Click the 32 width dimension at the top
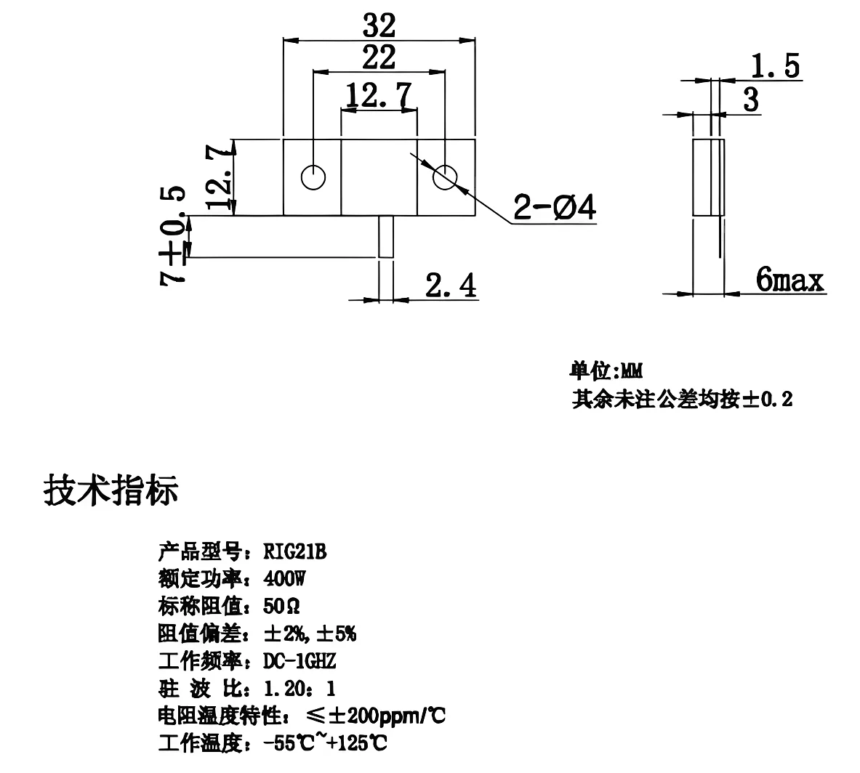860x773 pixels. pyautogui.click(x=379, y=26)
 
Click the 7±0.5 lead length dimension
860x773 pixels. pyautogui.click(x=174, y=235)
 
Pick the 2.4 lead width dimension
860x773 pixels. pyautogui.click(x=451, y=286)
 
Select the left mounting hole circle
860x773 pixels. pyautogui.click(x=313, y=177)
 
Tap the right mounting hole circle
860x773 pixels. pyautogui.click(x=444, y=177)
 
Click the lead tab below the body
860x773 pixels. pyautogui.click(x=386, y=236)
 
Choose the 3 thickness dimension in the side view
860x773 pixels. pyautogui.click(x=750, y=100)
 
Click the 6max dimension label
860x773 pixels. pyautogui.click(x=789, y=280)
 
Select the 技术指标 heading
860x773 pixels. pyautogui.click(x=111, y=491)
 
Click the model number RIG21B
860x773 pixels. pyautogui.click(x=295, y=552)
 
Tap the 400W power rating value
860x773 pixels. pyautogui.click(x=285, y=579)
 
